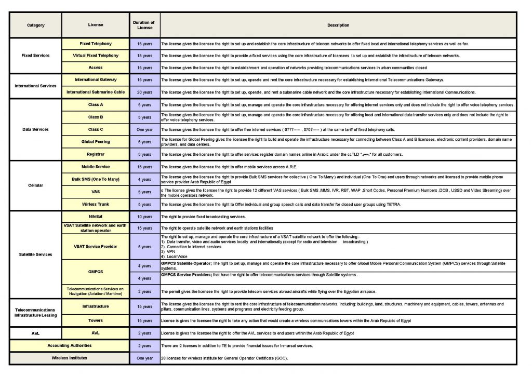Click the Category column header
[x=35, y=25]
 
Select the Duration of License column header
[x=144, y=25]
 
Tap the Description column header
[x=338, y=25]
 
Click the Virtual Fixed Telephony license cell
[x=96, y=56]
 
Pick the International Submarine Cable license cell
[x=96, y=92]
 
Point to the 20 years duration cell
[x=144, y=92]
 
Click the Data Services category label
[x=35, y=129]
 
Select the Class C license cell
[x=96, y=129]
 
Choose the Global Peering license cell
[x=96, y=142]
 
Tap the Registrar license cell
[x=96, y=154]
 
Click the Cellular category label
[x=35, y=185]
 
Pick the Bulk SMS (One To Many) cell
[x=96, y=179]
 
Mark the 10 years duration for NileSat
[x=144, y=217]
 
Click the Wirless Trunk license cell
[x=96, y=204]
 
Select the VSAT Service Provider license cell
[x=96, y=246]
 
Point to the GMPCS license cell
[x=96, y=272]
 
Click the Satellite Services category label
[x=35, y=254]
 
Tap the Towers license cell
[x=96, y=320]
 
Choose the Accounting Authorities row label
[x=70, y=345]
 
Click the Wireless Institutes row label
[x=70, y=358]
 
